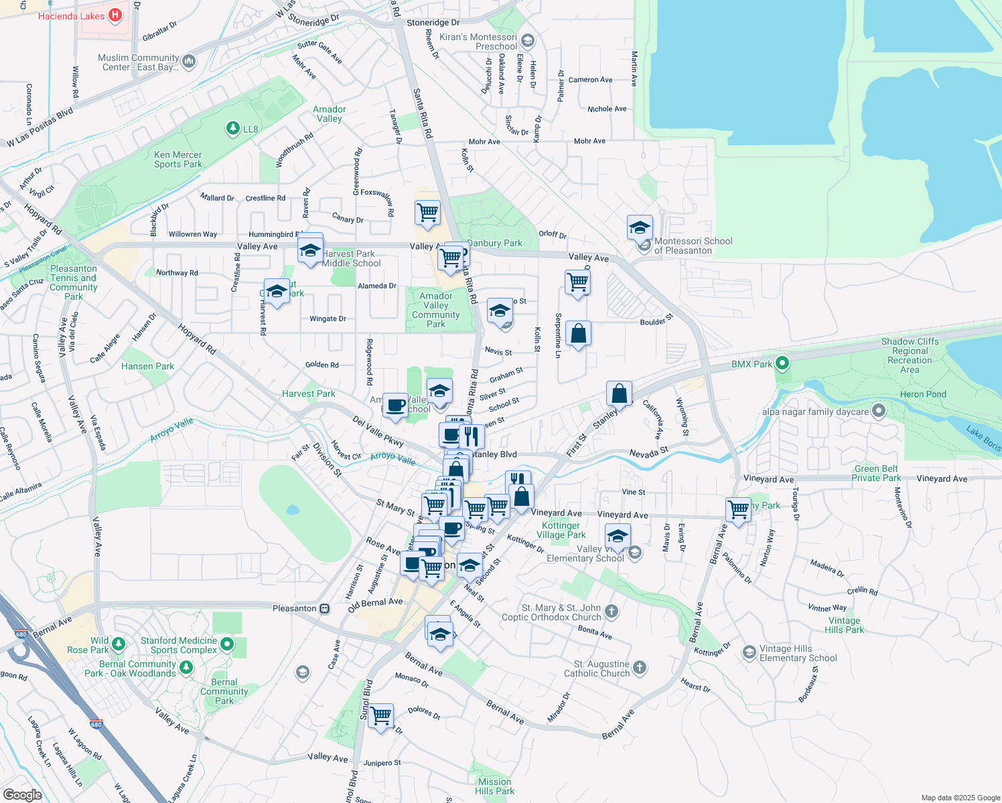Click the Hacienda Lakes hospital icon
pos(115,15)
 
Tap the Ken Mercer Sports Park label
pos(177,159)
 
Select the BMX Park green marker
pos(781,364)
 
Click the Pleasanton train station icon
pos(324,608)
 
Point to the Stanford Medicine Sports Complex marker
pos(227,644)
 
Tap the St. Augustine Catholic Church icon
pos(639,667)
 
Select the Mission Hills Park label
pos(494,786)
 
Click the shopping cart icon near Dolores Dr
pos(381,715)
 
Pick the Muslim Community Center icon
pos(189,62)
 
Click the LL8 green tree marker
pos(232,128)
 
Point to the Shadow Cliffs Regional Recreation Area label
pos(910,355)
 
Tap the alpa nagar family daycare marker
pos(879,412)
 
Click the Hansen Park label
pos(147,366)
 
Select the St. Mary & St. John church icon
pos(611,611)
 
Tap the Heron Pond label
pos(923,394)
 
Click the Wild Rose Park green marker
pos(119,644)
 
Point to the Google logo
pos(23,795)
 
